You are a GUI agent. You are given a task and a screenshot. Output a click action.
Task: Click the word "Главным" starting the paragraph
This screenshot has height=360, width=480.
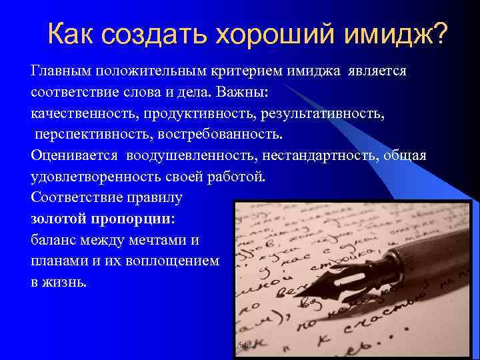click(62, 71)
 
